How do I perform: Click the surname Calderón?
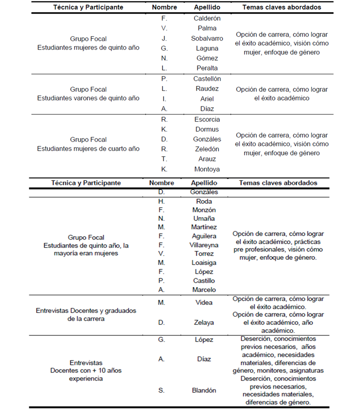coord(207,18)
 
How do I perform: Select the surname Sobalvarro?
coord(207,38)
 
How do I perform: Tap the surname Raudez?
coord(207,89)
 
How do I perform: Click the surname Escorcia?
coord(207,119)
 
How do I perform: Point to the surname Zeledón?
coord(207,149)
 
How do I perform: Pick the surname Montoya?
coord(207,169)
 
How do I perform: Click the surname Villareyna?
coord(204,245)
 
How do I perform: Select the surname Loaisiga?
coord(204,263)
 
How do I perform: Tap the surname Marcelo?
coord(204,290)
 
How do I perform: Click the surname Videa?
coord(204,302)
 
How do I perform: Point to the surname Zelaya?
coord(204,322)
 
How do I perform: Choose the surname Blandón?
coord(204,390)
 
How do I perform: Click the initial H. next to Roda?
coord(161,201)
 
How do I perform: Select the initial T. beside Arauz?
coord(164,159)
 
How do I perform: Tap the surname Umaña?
coord(204,218)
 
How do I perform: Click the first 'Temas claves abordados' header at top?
coord(282,7)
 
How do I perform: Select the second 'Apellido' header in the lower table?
coord(204,183)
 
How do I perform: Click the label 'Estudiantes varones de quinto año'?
coord(88,98)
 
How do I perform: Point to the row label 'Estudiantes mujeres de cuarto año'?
coord(88,149)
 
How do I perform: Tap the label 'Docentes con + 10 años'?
coord(86,370)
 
